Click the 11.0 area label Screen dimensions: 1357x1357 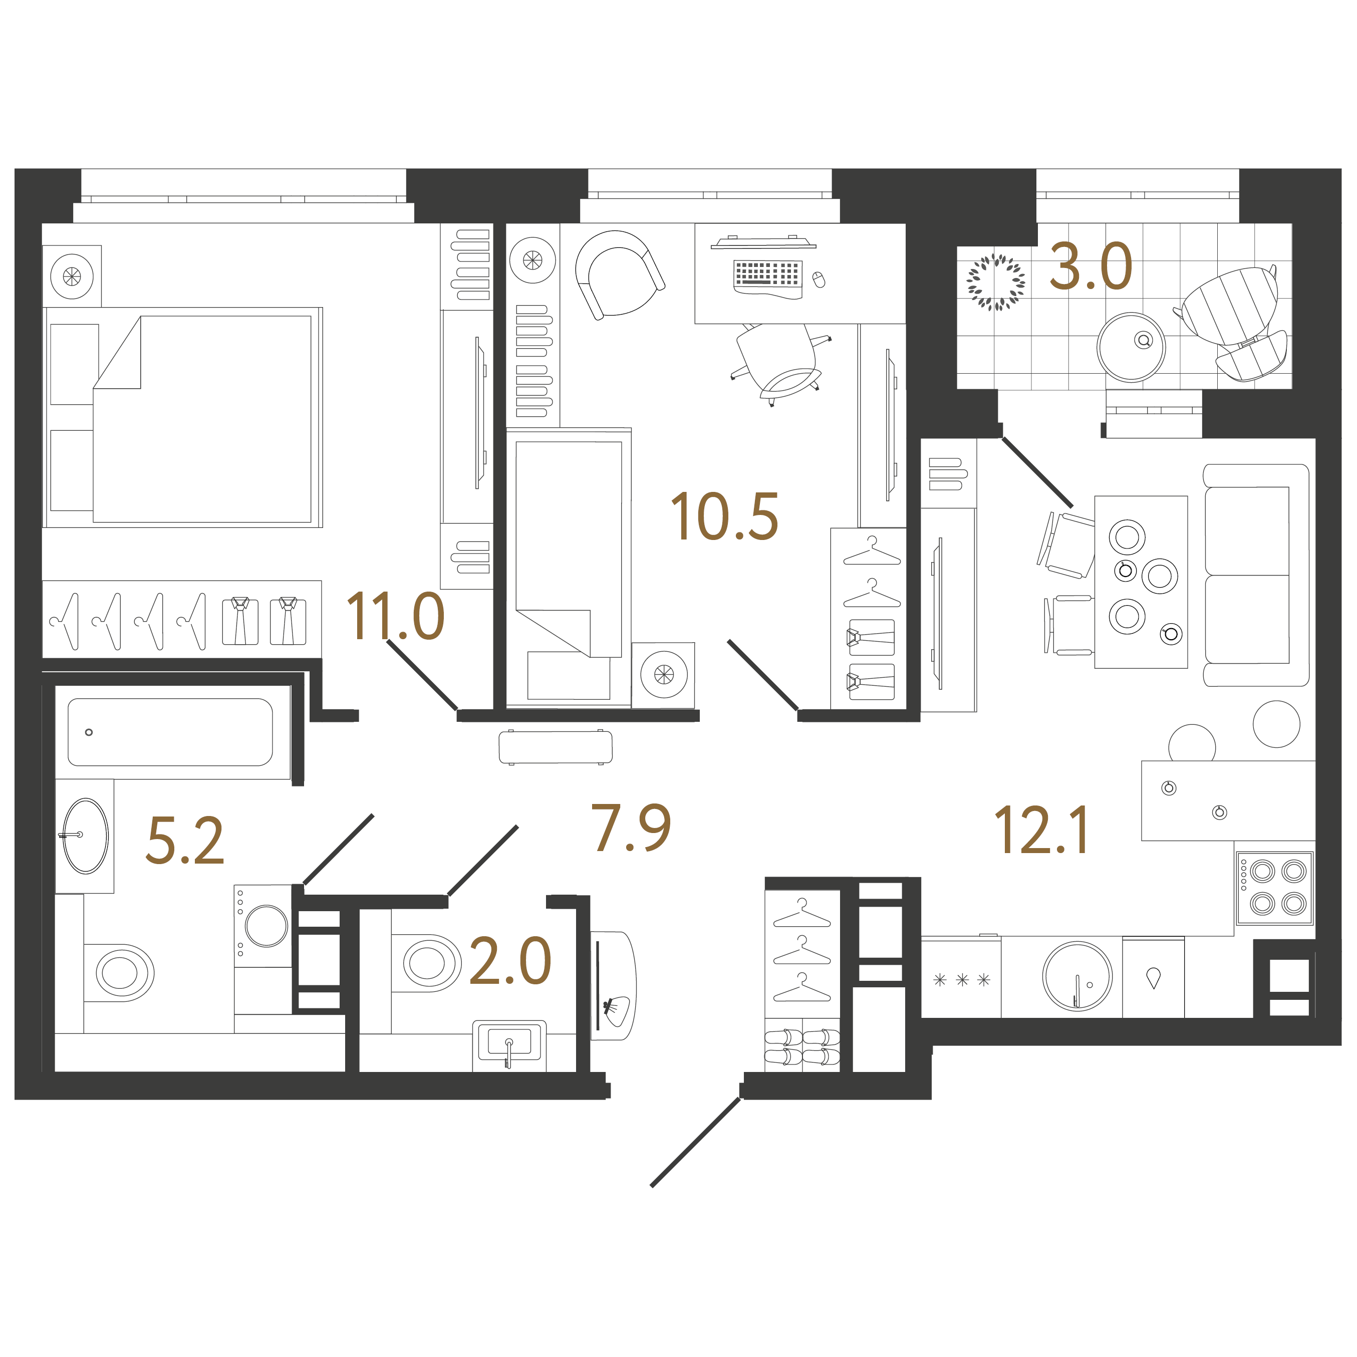click(395, 616)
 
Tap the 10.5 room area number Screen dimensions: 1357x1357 click(724, 516)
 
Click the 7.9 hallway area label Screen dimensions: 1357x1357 click(631, 828)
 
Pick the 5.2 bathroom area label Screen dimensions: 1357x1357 click(185, 840)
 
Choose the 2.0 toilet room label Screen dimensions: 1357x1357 click(510, 961)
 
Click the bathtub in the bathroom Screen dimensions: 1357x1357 click(170, 732)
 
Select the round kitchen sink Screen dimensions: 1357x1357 click(1077, 976)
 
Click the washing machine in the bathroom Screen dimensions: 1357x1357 click(262, 926)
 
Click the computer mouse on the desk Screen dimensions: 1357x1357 click(819, 280)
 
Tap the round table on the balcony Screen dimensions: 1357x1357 click(1131, 347)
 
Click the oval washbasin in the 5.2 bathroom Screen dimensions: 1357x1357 click(86, 836)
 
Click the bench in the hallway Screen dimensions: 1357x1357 click(556, 747)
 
